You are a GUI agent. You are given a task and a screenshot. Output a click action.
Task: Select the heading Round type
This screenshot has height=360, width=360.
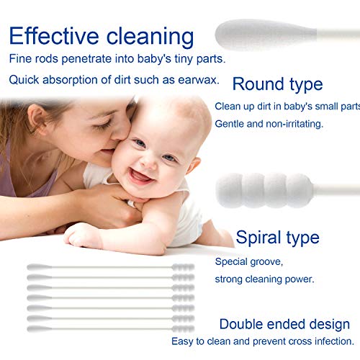pyautogui.click(x=277, y=84)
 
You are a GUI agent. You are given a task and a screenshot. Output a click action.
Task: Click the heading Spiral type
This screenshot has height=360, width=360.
pyautogui.click(x=277, y=238)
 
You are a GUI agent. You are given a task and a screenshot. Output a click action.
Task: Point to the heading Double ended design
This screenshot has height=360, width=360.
pyautogui.click(x=284, y=324)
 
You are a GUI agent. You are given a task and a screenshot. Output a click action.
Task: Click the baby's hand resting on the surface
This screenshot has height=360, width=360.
pyautogui.click(x=83, y=234)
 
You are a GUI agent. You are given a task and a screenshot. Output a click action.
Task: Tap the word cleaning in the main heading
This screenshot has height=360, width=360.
pyautogui.click(x=151, y=36)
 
